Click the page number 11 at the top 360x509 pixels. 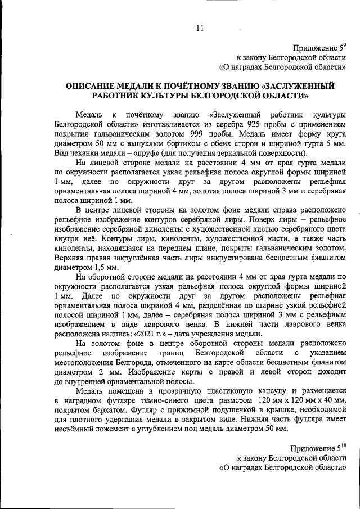click(200, 29)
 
